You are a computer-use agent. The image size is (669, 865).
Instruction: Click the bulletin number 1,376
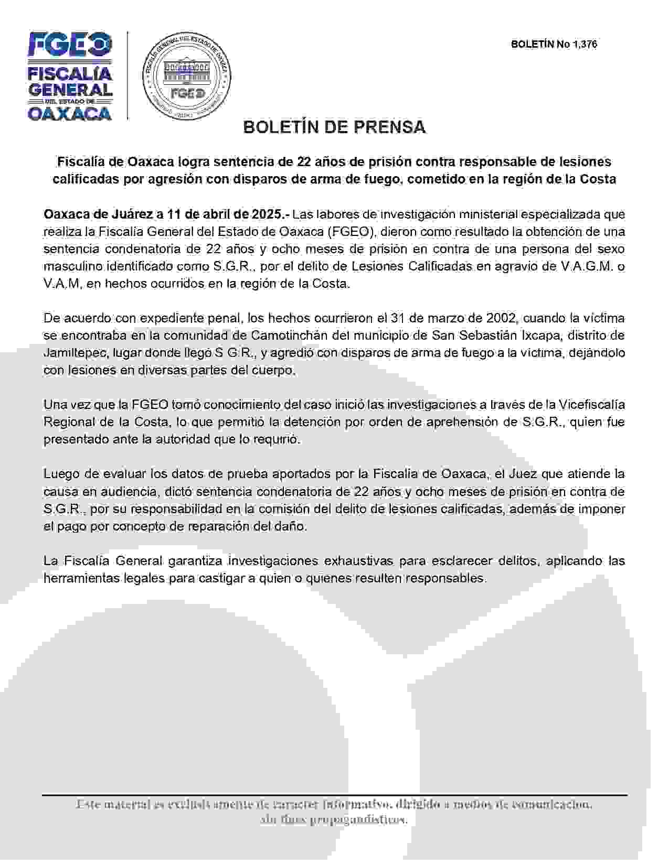coord(585,45)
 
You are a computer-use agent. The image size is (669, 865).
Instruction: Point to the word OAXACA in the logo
coord(70,113)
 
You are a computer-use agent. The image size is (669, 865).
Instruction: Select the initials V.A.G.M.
coord(587,266)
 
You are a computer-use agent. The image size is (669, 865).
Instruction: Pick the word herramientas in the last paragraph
coord(76,578)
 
